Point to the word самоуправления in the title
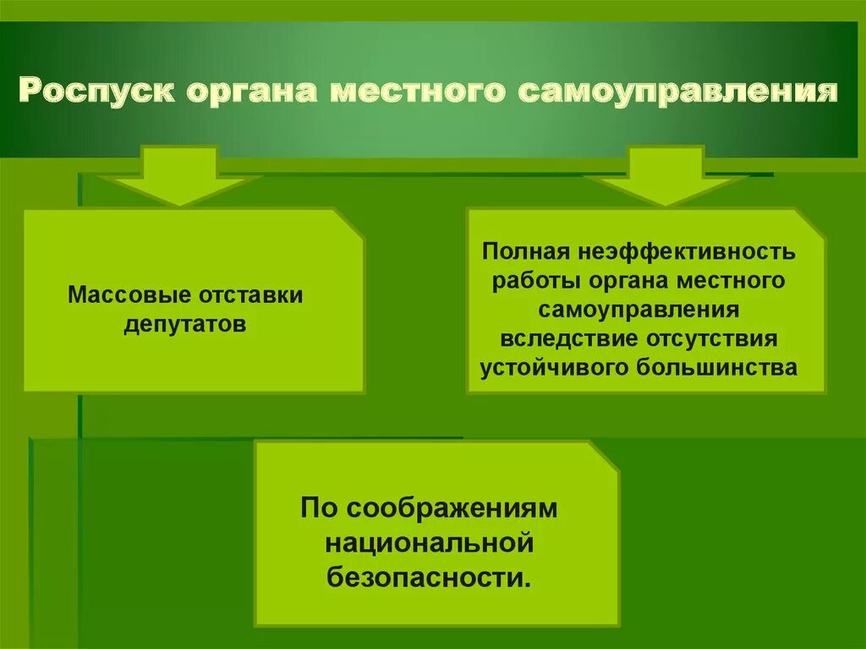click(677, 91)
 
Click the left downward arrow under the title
click(179, 177)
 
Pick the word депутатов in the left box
click(185, 325)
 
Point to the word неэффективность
click(686, 251)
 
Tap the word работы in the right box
click(533, 281)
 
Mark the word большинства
click(726, 368)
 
